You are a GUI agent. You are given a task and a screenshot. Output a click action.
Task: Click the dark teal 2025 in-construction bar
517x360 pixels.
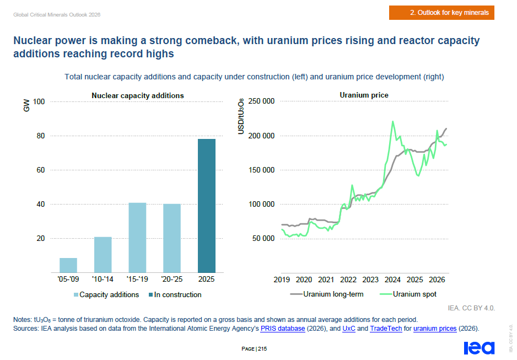click(x=206, y=206)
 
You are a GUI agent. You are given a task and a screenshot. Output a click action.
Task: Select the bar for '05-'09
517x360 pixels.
click(x=68, y=265)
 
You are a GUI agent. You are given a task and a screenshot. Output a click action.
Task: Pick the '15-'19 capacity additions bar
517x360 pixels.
click(x=137, y=238)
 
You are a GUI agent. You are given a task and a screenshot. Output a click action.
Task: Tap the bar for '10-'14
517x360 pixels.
click(x=103, y=255)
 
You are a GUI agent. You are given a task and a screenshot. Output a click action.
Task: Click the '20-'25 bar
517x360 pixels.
click(x=172, y=238)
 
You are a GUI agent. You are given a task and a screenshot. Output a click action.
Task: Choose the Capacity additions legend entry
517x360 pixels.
click(x=106, y=295)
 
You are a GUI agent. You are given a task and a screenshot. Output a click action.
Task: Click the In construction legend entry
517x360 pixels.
click(x=175, y=295)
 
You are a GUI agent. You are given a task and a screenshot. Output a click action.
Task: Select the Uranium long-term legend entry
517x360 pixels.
click(x=327, y=294)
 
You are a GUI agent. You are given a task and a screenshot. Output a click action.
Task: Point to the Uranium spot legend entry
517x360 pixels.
click(x=408, y=294)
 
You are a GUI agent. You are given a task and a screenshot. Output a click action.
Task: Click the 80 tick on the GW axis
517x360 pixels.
click(x=41, y=136)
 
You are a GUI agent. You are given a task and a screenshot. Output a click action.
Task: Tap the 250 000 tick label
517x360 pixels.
click(x=261, y=101)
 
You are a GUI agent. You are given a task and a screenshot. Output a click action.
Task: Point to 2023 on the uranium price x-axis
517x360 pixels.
click(x=370, y=280)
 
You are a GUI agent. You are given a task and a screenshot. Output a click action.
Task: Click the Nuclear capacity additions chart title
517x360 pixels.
click(x=137, y=95)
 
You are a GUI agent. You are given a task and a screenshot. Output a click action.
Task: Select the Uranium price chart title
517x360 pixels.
click(x=364, y=95)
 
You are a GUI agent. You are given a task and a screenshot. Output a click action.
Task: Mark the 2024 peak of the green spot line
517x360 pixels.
click(x=392, y=121)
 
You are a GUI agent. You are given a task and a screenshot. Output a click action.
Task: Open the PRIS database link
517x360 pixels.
click(x=283, y=329)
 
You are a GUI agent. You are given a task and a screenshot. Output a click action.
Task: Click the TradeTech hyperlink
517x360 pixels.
click(x=386, y=329)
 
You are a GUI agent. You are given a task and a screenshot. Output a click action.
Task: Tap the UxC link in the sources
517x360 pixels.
click(x=349, y=329)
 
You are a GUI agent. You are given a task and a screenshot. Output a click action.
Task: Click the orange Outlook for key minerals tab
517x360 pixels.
click(x=441, y=13)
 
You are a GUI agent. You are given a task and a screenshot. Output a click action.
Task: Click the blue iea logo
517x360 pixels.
click(x=479, y=348)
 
